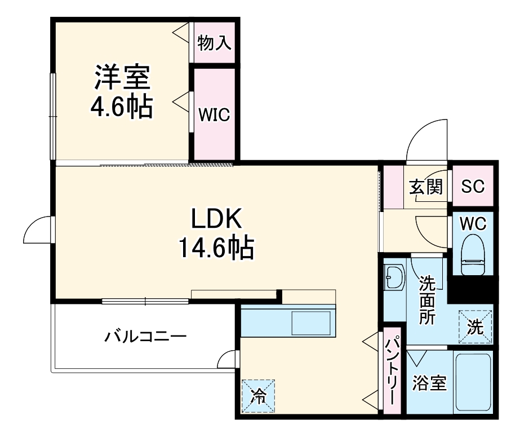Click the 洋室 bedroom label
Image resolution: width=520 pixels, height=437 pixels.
(x=122, y=78)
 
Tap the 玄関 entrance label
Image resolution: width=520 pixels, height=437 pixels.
(x=425, y=187)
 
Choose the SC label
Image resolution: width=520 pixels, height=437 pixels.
(x=473, y=187)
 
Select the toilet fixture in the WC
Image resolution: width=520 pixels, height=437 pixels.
(x=473, y=255)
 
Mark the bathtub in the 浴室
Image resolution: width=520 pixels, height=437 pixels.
(x=473, y=383)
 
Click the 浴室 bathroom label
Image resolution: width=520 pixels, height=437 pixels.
(x=429, y=383)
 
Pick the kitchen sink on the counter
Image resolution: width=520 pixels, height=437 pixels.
(x=313, y=323)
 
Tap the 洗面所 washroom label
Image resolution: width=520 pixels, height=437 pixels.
(x=426, y=299)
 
